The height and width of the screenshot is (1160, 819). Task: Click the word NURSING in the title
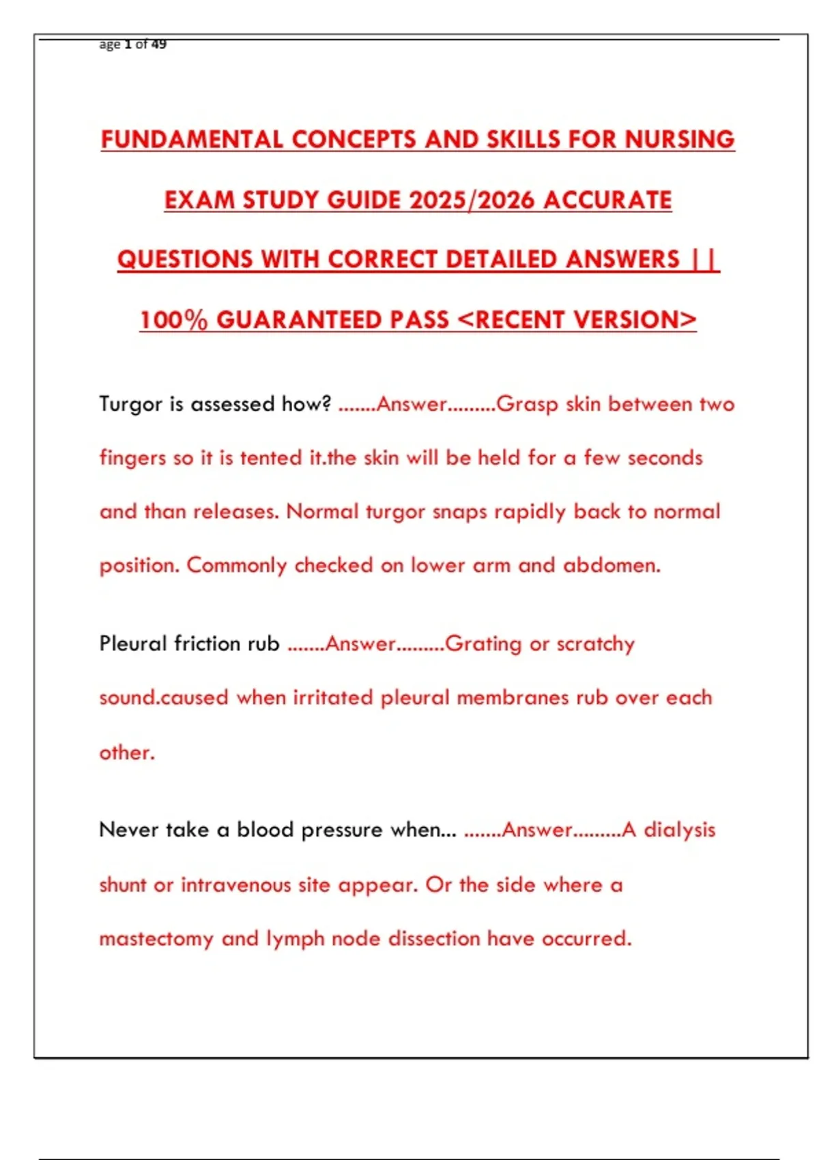click(680, 139)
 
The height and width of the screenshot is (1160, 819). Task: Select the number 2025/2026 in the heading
click(472, 200)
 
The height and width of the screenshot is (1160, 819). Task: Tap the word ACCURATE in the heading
click(608, 200)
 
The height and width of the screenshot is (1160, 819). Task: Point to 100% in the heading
click(173, 320)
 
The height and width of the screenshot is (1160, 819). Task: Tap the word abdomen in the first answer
click(612, 566)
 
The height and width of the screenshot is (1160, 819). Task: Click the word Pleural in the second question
click(133, 643)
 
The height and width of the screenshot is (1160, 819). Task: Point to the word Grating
click(483, 644)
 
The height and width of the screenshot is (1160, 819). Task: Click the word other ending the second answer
click(126, 753)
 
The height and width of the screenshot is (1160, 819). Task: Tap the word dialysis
click(680, 830)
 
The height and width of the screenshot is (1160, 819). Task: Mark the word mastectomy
click(156, 939)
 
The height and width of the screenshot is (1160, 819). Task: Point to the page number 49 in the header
click(159, 44)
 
